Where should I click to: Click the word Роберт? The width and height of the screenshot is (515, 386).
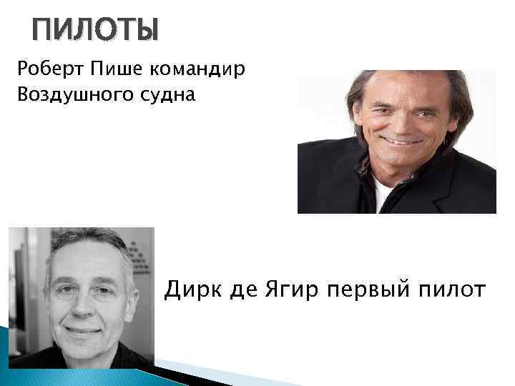tap(44, 69)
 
